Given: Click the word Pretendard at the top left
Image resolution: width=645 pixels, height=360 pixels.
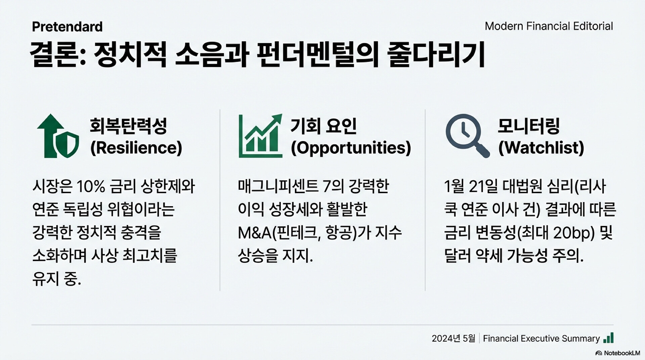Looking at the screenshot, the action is click(x=67, y=27).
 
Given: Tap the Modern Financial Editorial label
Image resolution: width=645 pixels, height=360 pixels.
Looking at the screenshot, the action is click(x=549, y=26).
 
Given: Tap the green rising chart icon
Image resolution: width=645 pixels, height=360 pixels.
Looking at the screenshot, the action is click(x=260, y=136).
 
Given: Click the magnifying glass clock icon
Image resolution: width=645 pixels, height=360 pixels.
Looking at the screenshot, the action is click(x=467, y=136).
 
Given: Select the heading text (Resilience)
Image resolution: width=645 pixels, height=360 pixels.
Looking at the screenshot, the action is click(x=136, y=148).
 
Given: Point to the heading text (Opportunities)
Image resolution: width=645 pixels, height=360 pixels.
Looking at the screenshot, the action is click(x=351, y=148).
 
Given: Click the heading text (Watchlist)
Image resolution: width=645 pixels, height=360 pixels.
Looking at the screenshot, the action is click(x=541, y=148).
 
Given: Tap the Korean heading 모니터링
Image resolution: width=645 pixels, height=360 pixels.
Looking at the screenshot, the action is click(x=528, y=126).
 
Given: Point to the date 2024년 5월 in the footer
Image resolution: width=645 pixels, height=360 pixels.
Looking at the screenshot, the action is click(x=454, y=339).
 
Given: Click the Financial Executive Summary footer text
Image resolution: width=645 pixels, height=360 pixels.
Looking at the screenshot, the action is click(x=541, y=339).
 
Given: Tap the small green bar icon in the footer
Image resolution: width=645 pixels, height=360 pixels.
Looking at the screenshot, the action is click(x=608, y=338).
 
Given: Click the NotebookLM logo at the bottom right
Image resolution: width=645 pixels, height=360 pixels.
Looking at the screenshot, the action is click(x=617, y=353).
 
